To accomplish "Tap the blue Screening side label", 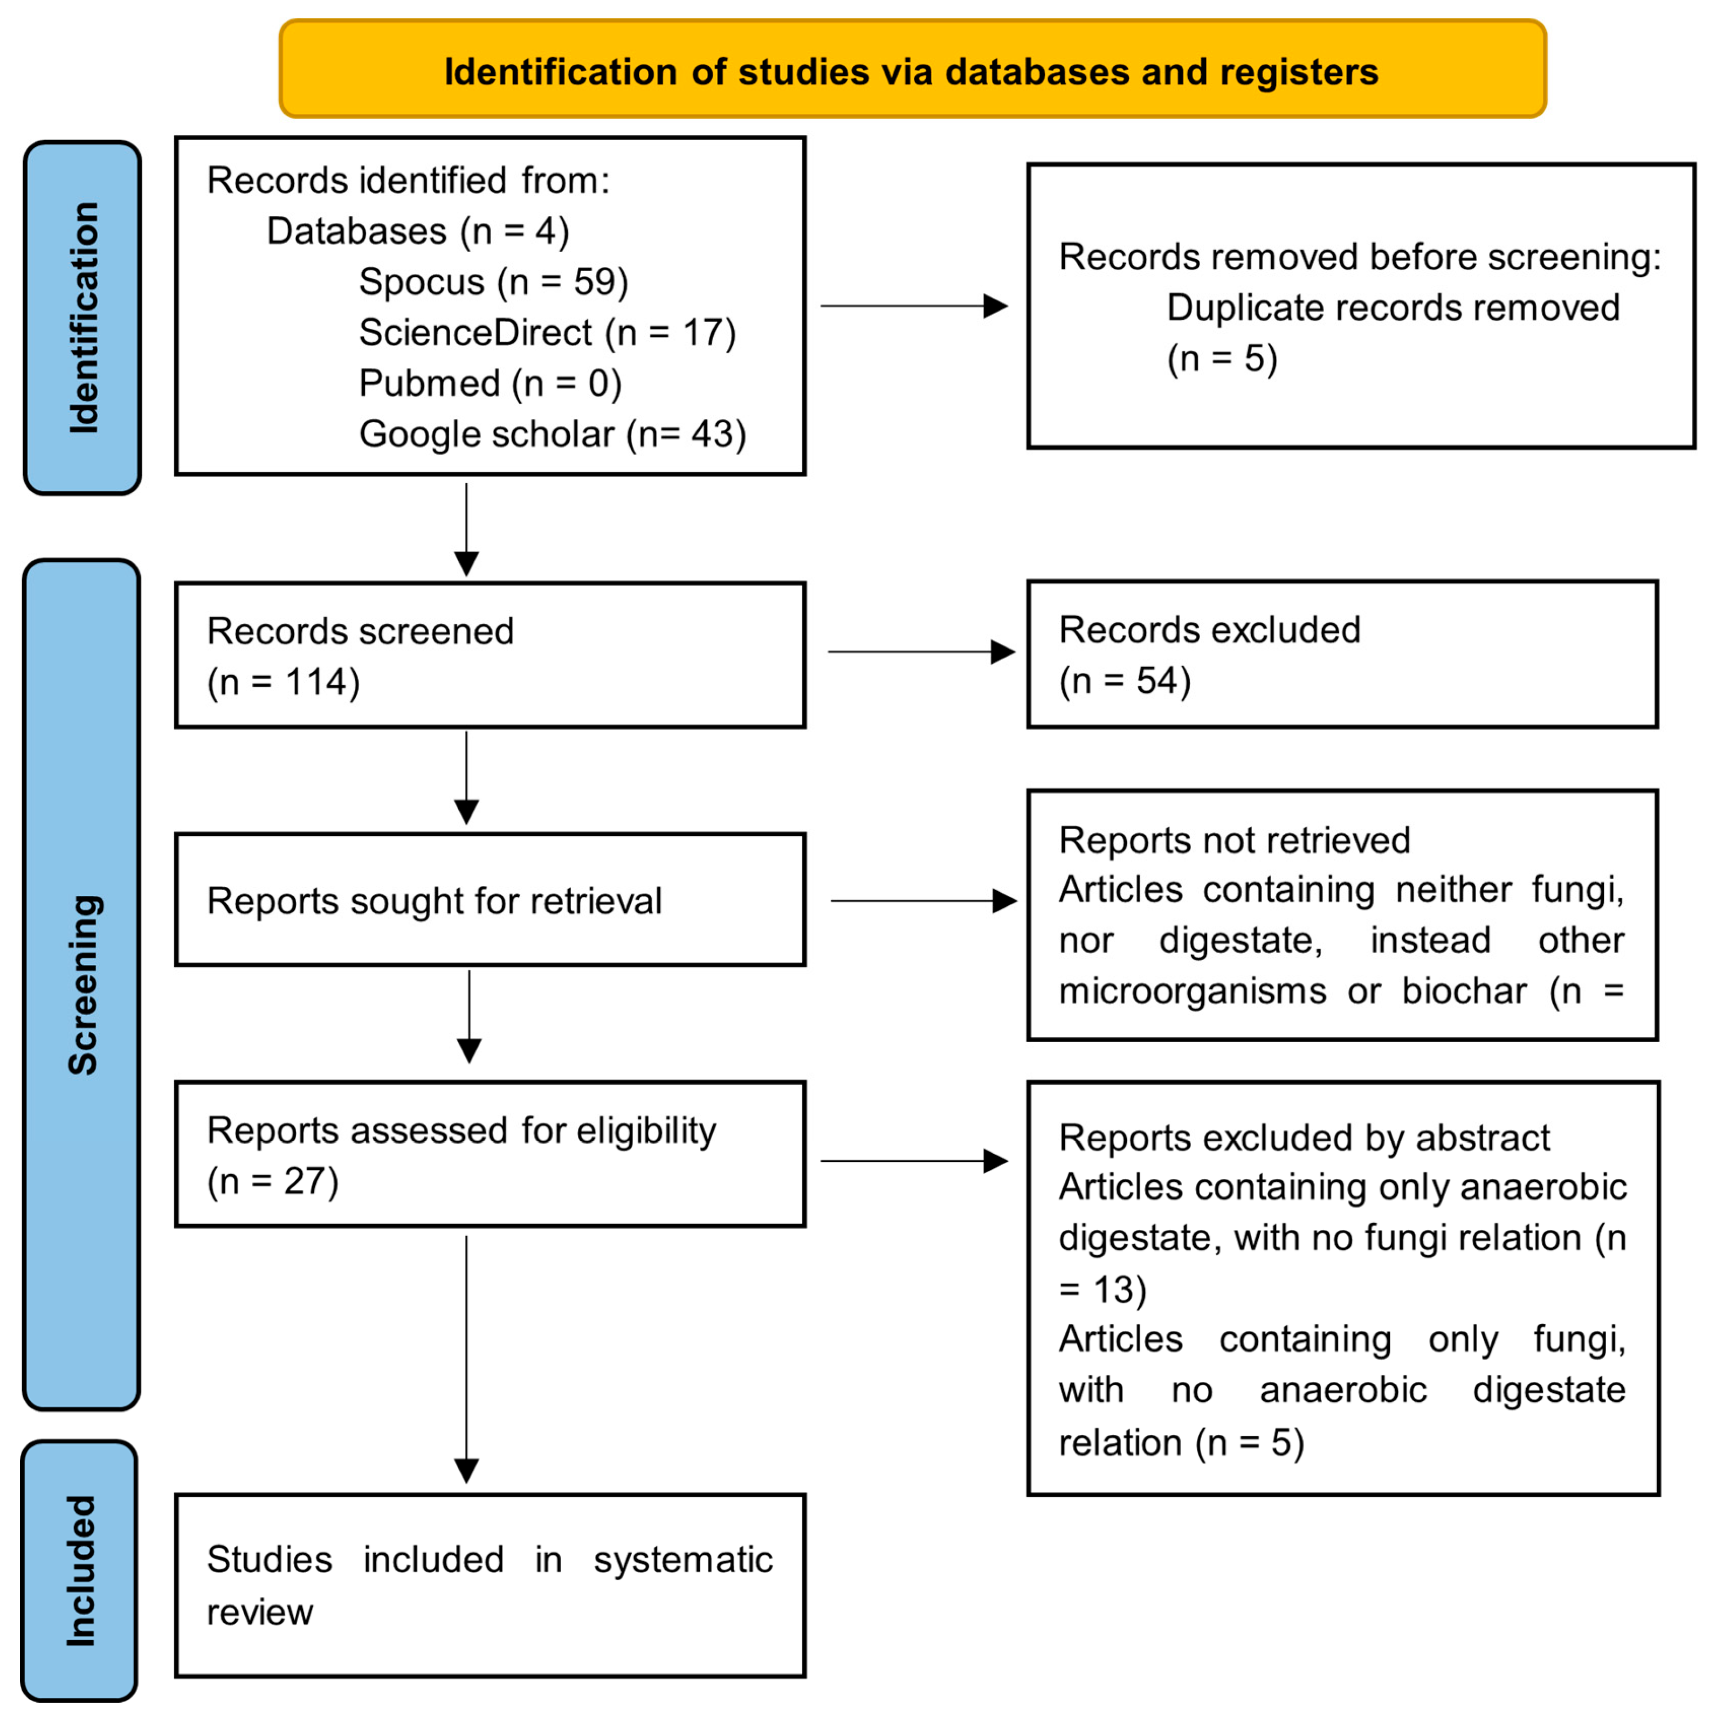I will (x=82, y=985).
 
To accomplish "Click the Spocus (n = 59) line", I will (x=493, y=281).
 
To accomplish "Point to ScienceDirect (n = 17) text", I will (x=547, y=333).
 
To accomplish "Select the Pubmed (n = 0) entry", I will (x=490, y=383).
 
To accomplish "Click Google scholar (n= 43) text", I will (x=552, y=434).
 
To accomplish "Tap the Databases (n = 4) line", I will (x=417, y=231).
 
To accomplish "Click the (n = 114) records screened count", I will (x=284, y=682).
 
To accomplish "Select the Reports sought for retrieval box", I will (x=490, y=900).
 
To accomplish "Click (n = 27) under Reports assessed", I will (x=273, y=1181).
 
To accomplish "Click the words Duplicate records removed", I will (x=1393, y=307).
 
